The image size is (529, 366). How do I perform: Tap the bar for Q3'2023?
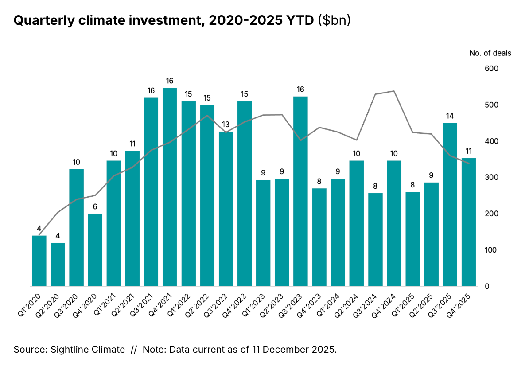[300, 191]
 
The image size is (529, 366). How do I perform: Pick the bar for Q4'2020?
[95, 250]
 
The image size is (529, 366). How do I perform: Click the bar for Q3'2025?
[450, 204]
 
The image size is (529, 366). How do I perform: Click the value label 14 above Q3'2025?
[450, 116]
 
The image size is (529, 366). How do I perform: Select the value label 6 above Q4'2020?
[95, 206]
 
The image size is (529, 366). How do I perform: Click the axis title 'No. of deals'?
[490, 53]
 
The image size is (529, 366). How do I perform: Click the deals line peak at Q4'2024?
[394, 91]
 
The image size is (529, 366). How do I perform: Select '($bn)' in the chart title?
[335, 21]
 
